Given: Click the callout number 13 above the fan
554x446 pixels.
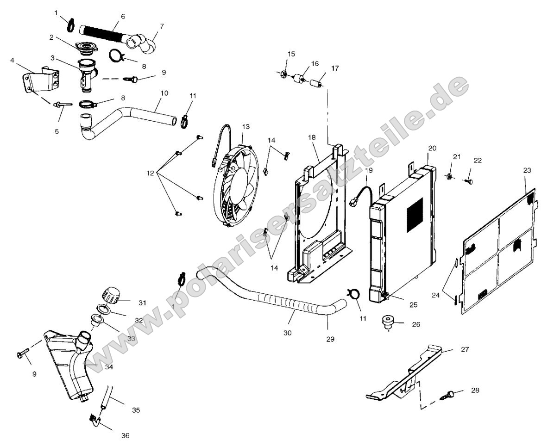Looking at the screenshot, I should click(246, 126).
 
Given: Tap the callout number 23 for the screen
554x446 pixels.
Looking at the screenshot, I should click(527, 170).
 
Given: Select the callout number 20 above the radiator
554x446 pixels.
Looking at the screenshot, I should click(432, 149).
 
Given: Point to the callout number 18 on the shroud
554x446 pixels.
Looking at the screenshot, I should click(311, 138).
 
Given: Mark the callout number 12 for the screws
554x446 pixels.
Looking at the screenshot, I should click(150, 173).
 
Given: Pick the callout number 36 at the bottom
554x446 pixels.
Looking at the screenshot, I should click(126, 435).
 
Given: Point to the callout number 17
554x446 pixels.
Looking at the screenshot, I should click(334, 68).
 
